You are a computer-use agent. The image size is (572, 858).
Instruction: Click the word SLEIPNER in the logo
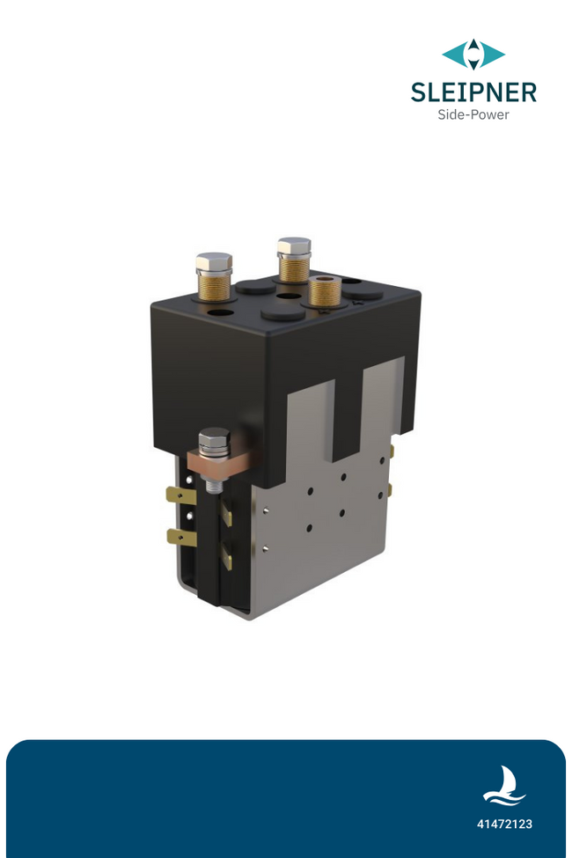click(473, 92)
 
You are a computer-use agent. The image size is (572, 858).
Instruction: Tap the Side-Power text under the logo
click(473, 114)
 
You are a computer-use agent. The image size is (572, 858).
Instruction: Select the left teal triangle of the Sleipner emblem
click(456, 55)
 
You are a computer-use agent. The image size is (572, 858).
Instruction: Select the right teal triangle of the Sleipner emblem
click(491, 55)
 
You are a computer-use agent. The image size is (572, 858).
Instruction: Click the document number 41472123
click(504, 825)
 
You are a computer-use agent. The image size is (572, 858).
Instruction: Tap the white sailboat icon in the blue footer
click(503, 786)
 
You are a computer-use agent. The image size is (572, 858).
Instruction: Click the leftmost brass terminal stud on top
click(214, 275)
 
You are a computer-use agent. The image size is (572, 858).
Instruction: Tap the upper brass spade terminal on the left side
click(178, 495)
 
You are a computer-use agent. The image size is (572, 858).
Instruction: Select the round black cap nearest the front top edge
click(283, 312)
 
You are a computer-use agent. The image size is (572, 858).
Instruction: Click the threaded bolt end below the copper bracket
click(214, 482)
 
